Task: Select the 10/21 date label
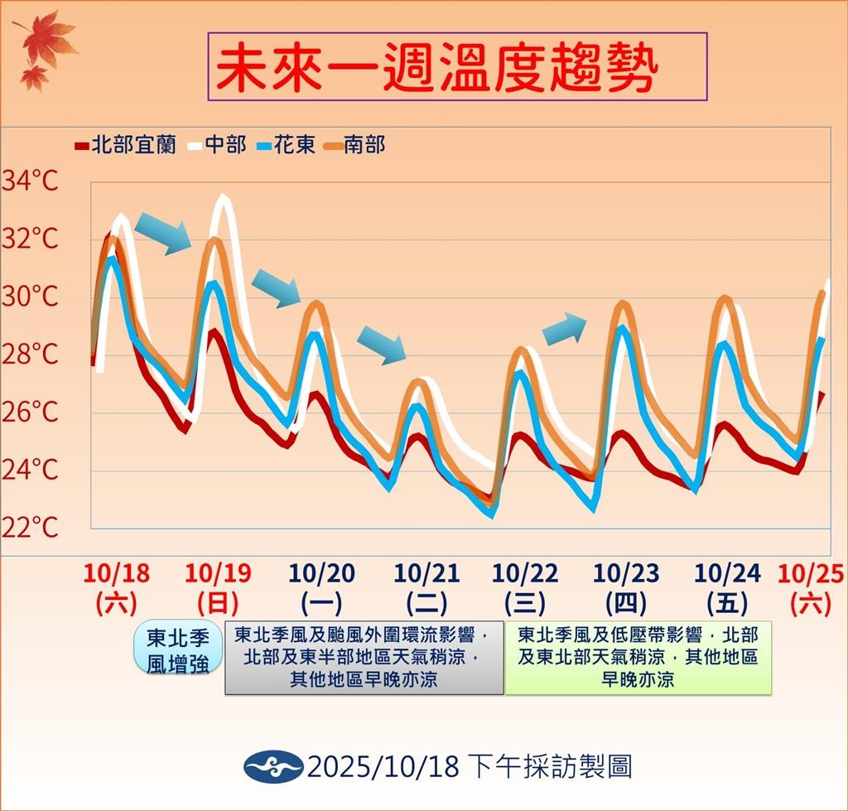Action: pos(426,572)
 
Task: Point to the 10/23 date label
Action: pos(626,572)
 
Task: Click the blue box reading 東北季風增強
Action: pos(177,650)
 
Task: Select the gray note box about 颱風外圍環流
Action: pos(364,658)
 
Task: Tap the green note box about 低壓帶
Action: pos(638,658)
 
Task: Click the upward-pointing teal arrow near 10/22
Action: pos(563,328)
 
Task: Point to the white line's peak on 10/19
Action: pos(222,198)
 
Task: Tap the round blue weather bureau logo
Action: pos(272,766)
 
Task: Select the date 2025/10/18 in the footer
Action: pos(383,766)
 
